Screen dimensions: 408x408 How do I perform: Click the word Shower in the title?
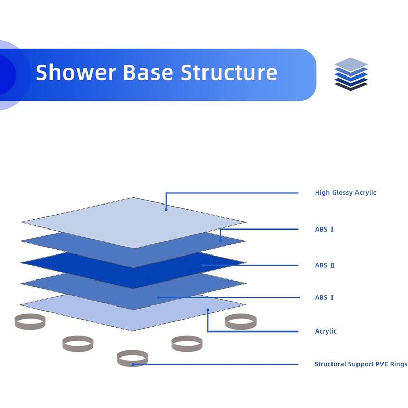click(75, 72)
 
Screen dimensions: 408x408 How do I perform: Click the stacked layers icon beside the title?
click(351, 74)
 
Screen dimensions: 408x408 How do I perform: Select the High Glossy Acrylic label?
click(345, 193)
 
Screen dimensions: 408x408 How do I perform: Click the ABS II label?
click(324, 265)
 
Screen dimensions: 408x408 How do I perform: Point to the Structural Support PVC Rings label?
click(361, 364)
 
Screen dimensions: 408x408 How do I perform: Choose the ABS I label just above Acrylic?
click(324, 297)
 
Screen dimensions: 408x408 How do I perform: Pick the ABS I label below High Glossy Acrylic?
click(324, 229)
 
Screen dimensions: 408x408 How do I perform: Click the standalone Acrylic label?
click(325, 331)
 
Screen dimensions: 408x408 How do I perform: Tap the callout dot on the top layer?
click(166, 209)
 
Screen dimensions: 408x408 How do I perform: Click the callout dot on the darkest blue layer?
click(203, 265)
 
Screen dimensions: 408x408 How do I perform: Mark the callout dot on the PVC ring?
click(133, 364)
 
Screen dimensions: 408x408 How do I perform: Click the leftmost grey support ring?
click(30, 321)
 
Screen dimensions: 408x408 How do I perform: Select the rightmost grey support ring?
click(240, 321)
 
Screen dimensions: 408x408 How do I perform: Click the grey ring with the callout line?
click(132, 358)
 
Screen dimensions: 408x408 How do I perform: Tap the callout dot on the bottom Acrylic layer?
click(208, 309)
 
